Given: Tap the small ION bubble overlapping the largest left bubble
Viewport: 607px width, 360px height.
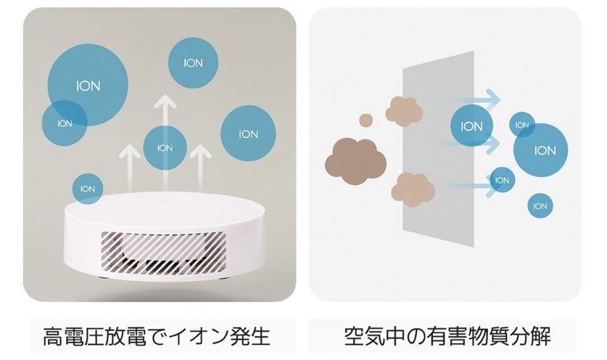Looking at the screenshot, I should pos(64,124).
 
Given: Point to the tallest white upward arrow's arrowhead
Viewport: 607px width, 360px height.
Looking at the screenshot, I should pos(165,102).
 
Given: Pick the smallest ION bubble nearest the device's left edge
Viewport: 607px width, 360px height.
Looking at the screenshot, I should pos(88,189).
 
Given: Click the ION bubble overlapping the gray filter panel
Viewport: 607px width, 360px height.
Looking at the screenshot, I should pos(471,126).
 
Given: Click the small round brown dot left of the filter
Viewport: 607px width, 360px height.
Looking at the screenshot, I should pos(366,120).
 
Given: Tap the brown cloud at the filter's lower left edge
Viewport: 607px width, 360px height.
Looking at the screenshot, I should pos(413,186).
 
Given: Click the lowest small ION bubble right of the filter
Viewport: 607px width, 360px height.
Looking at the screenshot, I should pos(540,206).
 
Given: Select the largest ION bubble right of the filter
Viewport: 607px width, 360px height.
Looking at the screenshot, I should pos(544,150).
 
